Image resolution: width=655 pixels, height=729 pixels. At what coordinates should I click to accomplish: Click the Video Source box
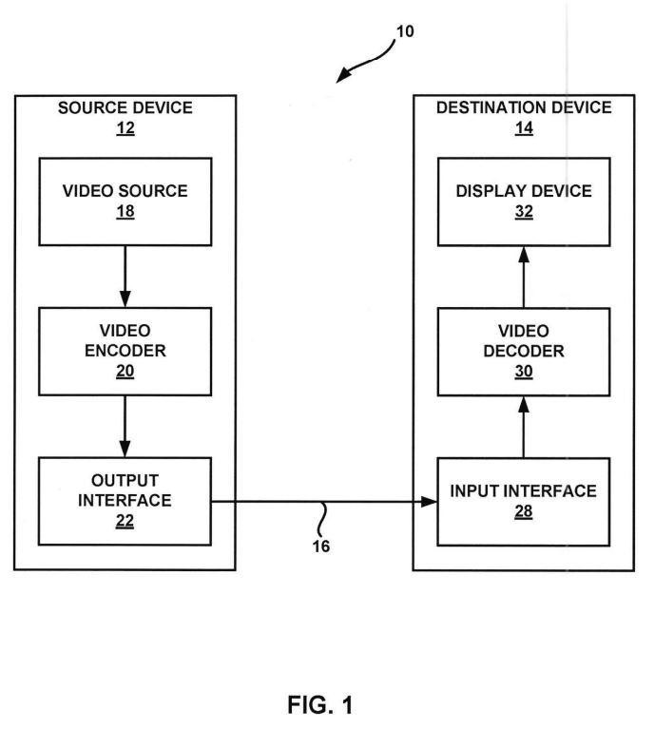pos(125,201)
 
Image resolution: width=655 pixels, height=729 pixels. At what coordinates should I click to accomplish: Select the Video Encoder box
pos(125,352)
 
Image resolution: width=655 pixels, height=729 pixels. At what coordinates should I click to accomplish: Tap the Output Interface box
pos(125,501)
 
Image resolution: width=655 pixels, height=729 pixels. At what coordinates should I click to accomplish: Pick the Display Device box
pos(524,201)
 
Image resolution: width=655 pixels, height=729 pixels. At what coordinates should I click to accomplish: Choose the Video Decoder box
pos(524,352)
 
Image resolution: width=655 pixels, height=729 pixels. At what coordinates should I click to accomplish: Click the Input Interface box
pos(524,502)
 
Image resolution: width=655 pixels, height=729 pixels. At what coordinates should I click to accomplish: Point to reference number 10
pos(405,31)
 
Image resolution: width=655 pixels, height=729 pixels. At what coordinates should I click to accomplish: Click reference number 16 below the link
pos(321,547)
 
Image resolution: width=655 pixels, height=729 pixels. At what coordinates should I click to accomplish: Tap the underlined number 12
pos(125,128)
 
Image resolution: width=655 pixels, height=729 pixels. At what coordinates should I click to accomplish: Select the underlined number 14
pos(524,128)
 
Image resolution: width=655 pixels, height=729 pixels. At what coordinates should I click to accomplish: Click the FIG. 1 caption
pos(320,705)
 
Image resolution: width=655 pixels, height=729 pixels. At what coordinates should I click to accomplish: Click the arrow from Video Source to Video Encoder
pos(125,277)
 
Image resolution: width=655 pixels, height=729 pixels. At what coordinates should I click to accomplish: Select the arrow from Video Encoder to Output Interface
pos(125,427)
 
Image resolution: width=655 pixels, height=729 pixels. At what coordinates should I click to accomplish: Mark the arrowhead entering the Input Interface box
pos(429,502)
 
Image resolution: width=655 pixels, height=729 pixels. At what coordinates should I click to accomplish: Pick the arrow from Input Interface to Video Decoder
pos(524,428)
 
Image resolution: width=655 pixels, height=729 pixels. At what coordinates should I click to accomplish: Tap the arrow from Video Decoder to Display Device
pos(524,278)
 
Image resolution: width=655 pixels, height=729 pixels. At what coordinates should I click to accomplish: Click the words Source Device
pos(125,107)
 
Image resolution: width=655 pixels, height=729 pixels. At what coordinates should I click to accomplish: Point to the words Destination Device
pos(524,107)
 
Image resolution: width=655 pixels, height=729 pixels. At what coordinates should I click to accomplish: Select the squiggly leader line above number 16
pos(321,519)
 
